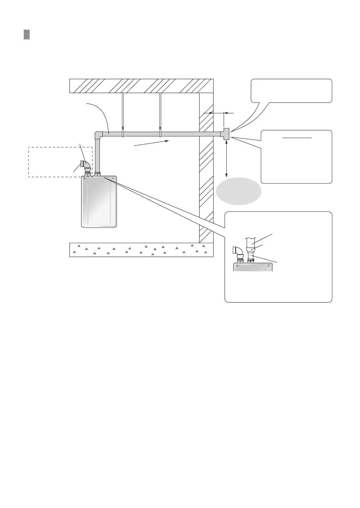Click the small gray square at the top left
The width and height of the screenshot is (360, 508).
(x=27, y=35)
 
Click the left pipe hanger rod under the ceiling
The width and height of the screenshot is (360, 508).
(x=122, y=112)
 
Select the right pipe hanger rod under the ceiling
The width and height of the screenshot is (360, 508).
(x=160, y=112)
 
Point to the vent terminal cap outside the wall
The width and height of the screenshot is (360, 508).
(x=225, y=134)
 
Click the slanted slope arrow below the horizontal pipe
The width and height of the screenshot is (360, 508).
(x=152, y=143)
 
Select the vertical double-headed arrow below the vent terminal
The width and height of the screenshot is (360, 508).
(x=227, y=159)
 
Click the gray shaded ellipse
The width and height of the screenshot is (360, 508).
(x=239, y=191)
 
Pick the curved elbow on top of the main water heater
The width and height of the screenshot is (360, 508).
(x=85, y=165)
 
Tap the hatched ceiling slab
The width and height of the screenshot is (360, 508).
(x=141, y=86)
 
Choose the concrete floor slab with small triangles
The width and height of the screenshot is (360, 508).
(x=141, y=250)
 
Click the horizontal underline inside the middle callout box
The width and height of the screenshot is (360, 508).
(x=297, y=138)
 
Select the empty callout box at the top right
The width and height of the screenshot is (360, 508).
(x=291, y=91)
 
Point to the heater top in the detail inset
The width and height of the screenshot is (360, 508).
(x=253, y=267)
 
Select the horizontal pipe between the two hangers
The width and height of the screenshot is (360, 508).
(x=141, y=134)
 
